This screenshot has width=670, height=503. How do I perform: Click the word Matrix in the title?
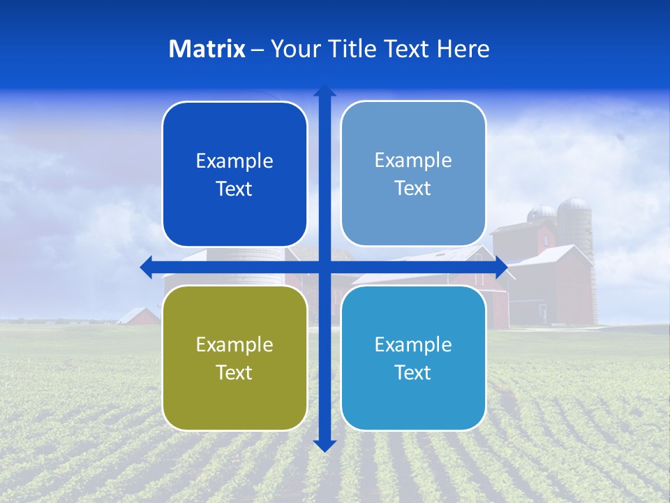point(207,49)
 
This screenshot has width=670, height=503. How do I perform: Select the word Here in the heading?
point(463,49)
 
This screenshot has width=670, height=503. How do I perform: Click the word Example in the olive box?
point(234,344)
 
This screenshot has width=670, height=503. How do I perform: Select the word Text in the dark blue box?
point(234,189)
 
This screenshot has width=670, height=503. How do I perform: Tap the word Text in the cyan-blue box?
point(413,372)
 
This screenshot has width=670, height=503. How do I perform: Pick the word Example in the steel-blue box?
point(413,160)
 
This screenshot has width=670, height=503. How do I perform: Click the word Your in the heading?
point(292,49)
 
